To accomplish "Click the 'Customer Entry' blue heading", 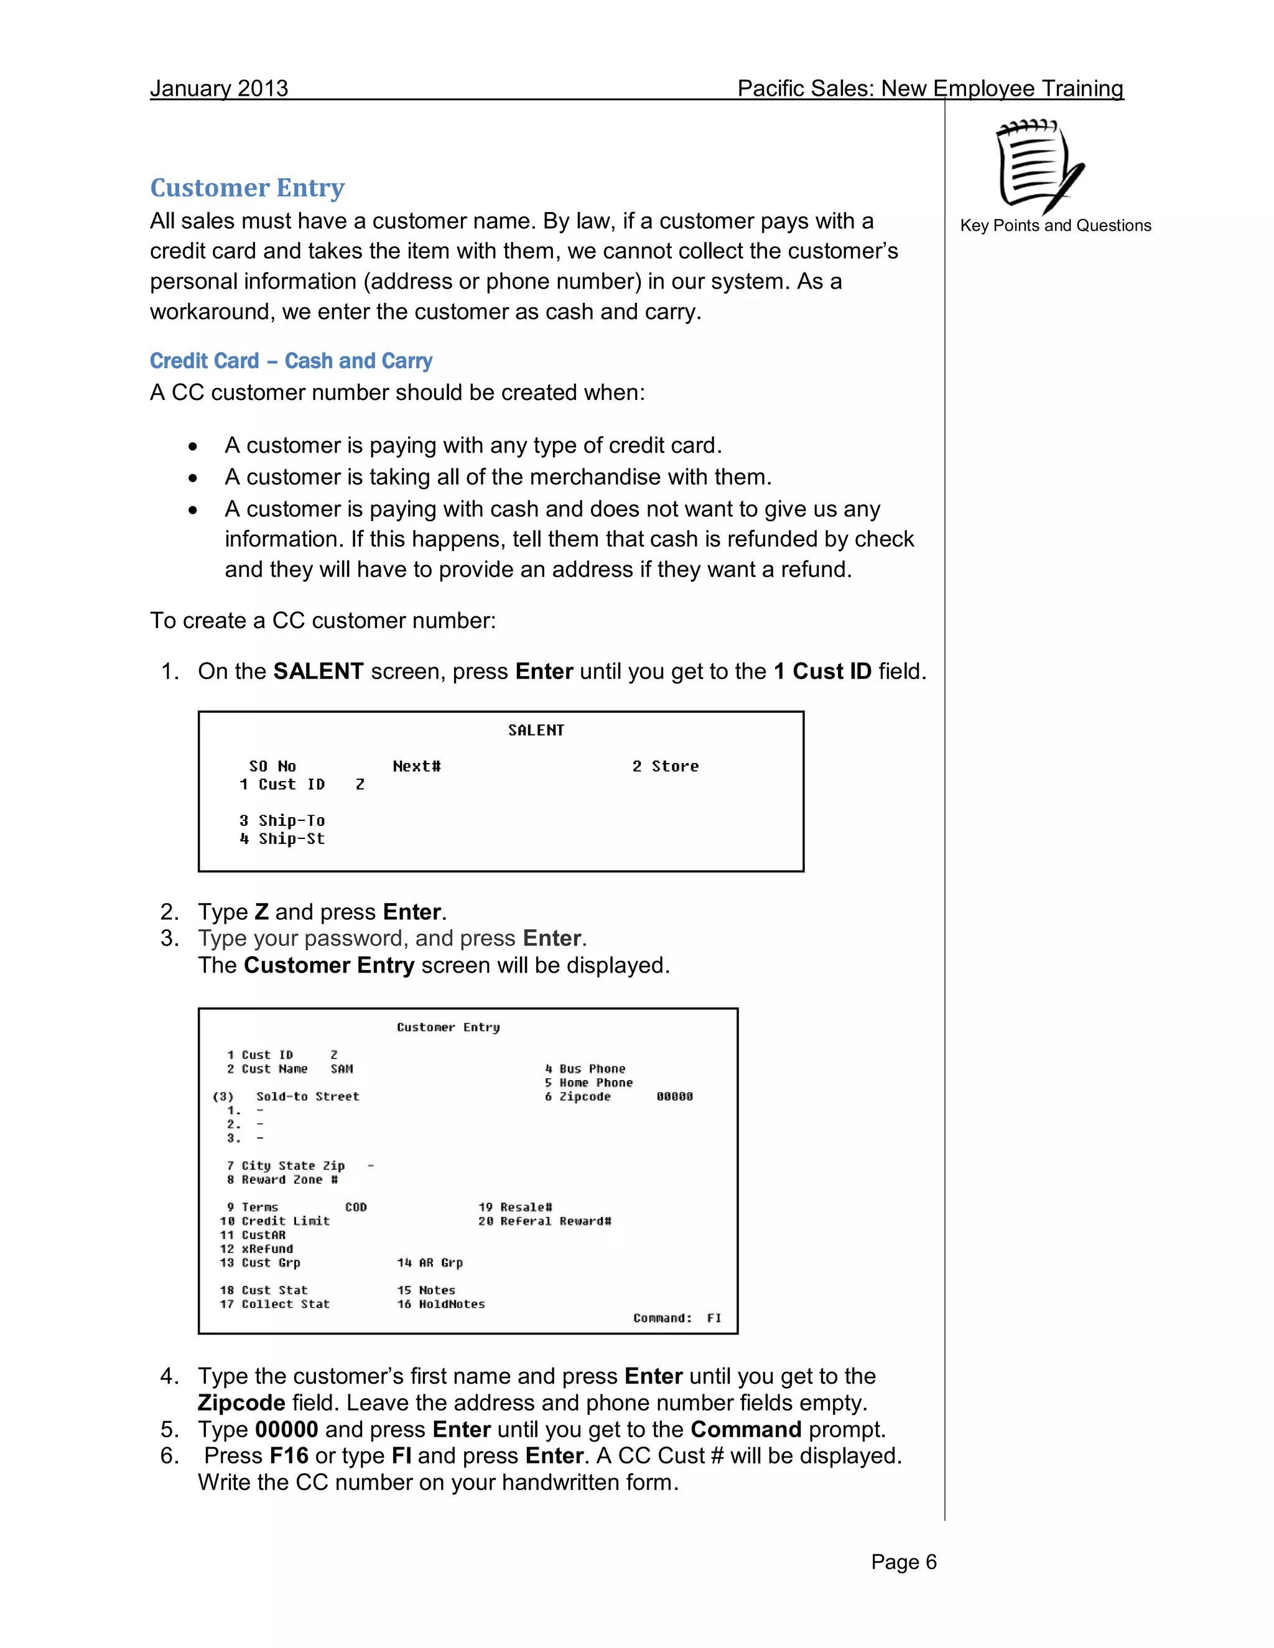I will point(247,187).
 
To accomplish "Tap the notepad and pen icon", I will point(1039,166).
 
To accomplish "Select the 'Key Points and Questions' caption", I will point(1055,226).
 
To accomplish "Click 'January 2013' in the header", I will point(219,88).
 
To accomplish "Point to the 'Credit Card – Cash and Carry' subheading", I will point(291,361).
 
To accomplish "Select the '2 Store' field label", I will point(665,766).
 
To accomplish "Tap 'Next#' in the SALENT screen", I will point(417,766).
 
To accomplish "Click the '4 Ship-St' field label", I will point(282,838).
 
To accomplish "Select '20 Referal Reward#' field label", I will point(544,1221).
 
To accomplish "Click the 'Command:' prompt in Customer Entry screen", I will point(662,1318).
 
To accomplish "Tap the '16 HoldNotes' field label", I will point(441,1304).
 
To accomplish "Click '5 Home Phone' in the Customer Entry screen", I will point(588,1083).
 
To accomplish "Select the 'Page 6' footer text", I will point(903,1562).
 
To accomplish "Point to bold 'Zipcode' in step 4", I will point(241,1403).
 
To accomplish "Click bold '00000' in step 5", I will point(286,1429).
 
